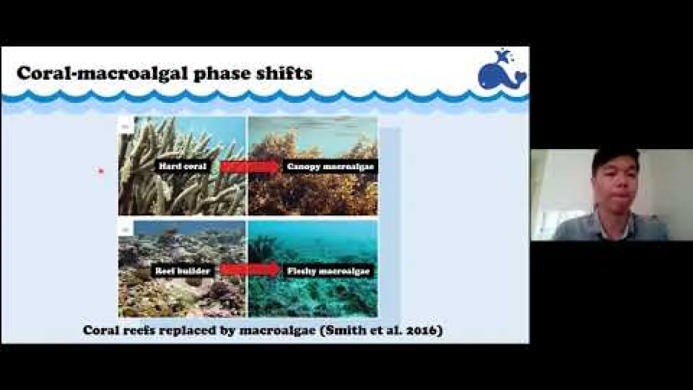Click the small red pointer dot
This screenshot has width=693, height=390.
(100, 171)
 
